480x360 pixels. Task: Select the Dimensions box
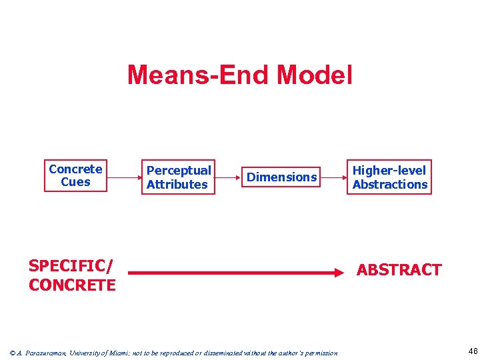coord(281,177)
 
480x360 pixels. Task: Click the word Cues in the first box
coord(75,182)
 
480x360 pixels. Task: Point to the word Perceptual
coord(178,171)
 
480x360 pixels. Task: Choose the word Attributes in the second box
coord(177,185)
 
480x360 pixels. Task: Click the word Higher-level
coord(389,171)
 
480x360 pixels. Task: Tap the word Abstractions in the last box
coord(389,185)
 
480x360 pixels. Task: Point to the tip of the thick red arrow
coord(340,273)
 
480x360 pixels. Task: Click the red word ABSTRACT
coord(399,270)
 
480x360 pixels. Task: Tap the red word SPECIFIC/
coord(71,266)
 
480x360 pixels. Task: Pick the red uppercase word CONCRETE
coord(72,285)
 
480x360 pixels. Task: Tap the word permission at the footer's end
coord(321,353)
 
